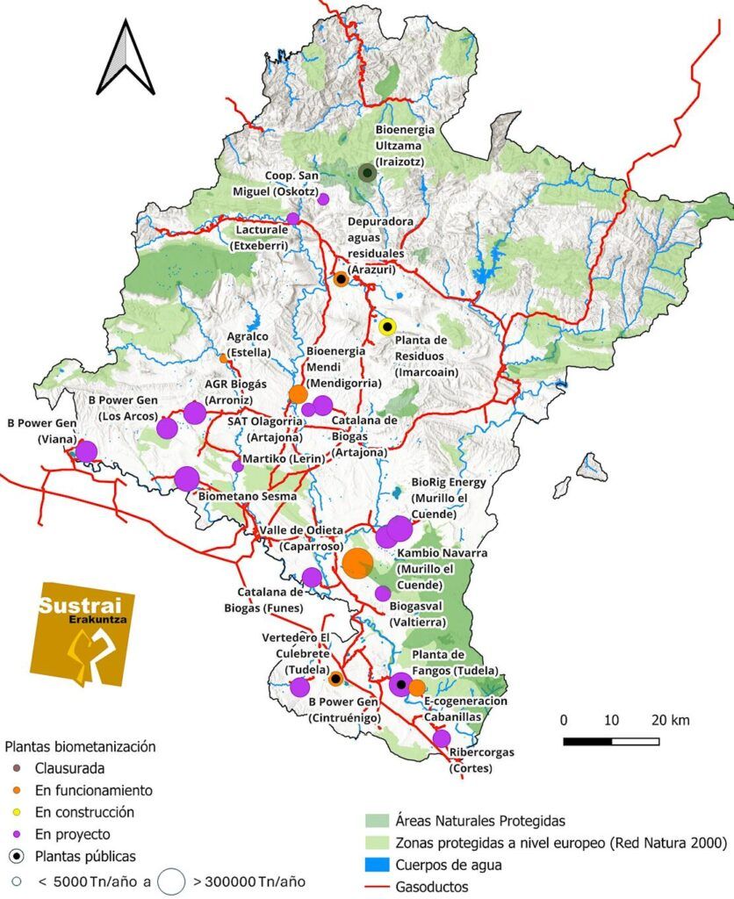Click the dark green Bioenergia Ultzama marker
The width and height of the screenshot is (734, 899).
(x=367, y=173)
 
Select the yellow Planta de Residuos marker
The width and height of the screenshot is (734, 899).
(x=387, y=327)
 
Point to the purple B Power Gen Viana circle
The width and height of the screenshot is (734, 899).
(x=86, y=451)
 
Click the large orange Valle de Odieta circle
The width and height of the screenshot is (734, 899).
(x=357, y=563)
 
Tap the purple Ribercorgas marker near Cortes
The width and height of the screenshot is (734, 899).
(x=442, y=738)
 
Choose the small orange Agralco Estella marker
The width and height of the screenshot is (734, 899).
(x=223, y=357)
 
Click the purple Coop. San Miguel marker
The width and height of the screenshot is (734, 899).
(x=323, y=199)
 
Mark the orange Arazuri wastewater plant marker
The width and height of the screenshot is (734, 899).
(x=341, y=279)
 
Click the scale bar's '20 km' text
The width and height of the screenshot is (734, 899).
(x=672, y=721)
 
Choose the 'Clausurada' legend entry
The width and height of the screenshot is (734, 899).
(x=69, y=767)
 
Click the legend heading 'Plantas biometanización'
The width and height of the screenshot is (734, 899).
(x=81, y=746)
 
